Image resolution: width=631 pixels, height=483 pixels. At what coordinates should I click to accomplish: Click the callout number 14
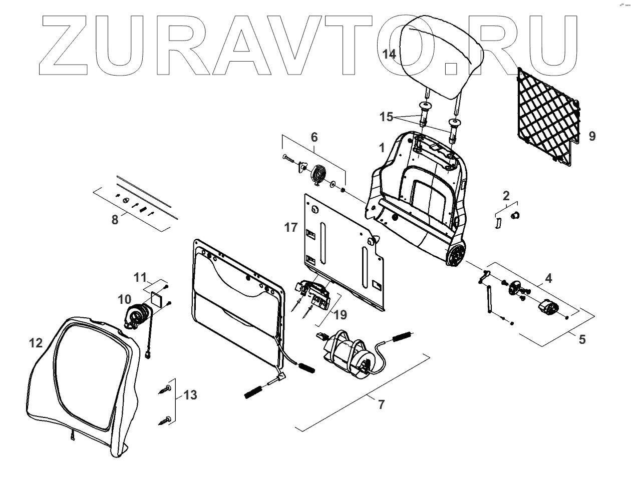pyautogui.click(x=389, y=55)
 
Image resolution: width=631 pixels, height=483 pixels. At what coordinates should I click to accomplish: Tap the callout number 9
pyautogui.click(x=592, y=136)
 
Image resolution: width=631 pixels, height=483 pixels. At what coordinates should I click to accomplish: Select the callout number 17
pyautogui.click(x=291, y=227)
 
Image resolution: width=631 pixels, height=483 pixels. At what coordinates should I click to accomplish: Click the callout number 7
pyautogui.click(x=381, y=404)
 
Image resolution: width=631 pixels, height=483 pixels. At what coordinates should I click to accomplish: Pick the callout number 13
pyautogui.click(x=190, y=395)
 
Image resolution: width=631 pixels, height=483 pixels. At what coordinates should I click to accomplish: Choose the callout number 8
pyautogui.click(x=115, y=219)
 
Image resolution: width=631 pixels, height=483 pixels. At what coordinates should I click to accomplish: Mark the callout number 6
pyautogui.click(x=314, y=137)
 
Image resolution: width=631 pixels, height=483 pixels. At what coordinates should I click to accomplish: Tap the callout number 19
pyautogui.click(x=340, y=315)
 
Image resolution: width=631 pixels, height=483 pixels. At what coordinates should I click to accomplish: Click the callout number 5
pyautogui.click(x=582, y=339)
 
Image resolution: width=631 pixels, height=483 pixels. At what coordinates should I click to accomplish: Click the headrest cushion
pyautogui.click(x=441, y=50)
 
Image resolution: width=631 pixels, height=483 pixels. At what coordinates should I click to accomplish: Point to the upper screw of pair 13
pyautogui.click(x=166, y=389)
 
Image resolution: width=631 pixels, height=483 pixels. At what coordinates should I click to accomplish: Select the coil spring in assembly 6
pyautogui.click(x=319, y=176)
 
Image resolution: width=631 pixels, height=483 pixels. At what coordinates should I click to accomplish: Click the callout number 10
pyautogui.click(x=124, y=300)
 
